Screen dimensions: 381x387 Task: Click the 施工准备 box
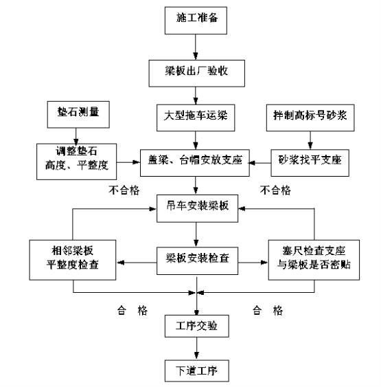[x=196, y=21]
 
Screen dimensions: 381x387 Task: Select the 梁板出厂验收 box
[x=196, y=74]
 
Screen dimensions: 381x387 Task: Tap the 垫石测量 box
[x=78, y=115]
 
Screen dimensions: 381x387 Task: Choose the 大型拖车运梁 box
[x=196, y=118]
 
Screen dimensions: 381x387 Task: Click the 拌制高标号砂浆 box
[x=310, y=118]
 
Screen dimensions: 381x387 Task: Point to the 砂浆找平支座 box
[x=310, y=163]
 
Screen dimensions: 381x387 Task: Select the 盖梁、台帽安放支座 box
[x=195, y=163]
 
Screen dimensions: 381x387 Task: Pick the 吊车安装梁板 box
[x=198, y=208]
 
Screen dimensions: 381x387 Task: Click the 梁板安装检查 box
[x=198, y=261]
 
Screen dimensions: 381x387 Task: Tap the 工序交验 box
[x=197, y=326]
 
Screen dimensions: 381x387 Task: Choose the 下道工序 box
[x=197, y=371]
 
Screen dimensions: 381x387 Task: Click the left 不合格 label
[x=124, y=190]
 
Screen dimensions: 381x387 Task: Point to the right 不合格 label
[x=275, y=190]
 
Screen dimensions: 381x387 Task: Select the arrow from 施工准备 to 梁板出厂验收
[x=196, y=47]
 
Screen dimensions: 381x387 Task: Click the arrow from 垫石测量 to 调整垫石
[x=76, y=136]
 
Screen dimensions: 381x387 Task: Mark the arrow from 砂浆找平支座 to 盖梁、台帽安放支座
[x=260, y=163]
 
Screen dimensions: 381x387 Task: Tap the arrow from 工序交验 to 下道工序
[x=196, y=349]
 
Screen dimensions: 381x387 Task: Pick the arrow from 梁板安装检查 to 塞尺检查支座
[x=253, y=263]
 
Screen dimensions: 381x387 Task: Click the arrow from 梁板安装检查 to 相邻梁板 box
[x=137, y=263]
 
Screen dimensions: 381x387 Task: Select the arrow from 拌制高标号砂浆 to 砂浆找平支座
[x=310, y=140]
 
